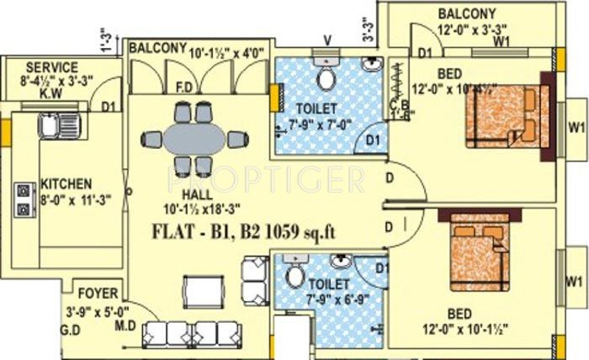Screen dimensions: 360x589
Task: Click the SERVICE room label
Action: [x=52, y=67]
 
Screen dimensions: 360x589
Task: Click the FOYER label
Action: [x=98, y=294]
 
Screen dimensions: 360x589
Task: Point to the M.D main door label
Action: [x=125, y=323]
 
